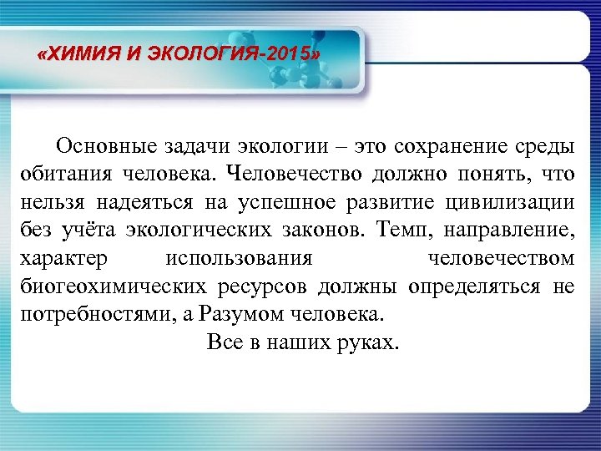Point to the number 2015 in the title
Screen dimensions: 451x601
(x=287, y=56)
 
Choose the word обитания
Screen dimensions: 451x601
(x=59, y=175)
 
